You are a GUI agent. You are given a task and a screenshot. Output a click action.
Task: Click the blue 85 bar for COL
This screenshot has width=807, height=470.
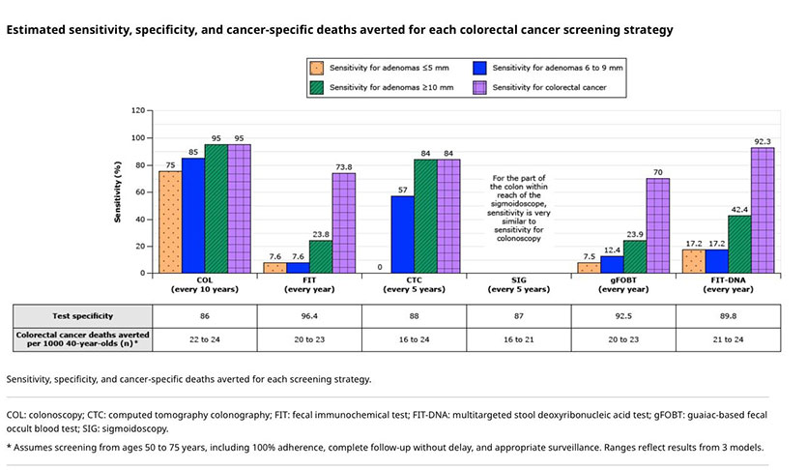click(193, 216)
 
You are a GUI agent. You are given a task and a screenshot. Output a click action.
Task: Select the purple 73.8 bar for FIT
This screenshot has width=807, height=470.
click(343, 222)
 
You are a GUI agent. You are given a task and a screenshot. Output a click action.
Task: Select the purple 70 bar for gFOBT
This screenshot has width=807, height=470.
click(658, 225)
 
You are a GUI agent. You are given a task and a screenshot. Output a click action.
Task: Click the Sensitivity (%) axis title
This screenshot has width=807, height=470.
click(117, 191)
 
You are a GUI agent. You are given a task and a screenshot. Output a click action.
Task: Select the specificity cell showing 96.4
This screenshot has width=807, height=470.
click(308, 315)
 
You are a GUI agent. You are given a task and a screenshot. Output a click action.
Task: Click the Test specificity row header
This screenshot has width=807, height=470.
click(82, 315)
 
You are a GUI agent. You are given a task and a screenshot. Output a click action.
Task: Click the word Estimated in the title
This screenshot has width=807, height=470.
click(38, 30)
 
